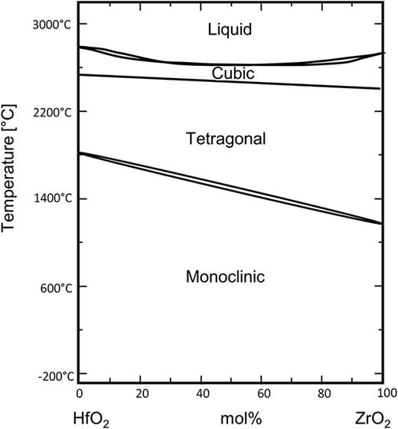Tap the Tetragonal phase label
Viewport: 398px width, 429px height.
(x=226, y=139)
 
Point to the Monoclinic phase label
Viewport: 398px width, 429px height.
(x=225, y=277)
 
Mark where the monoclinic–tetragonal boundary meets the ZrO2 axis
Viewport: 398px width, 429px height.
(x=382, y=224)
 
